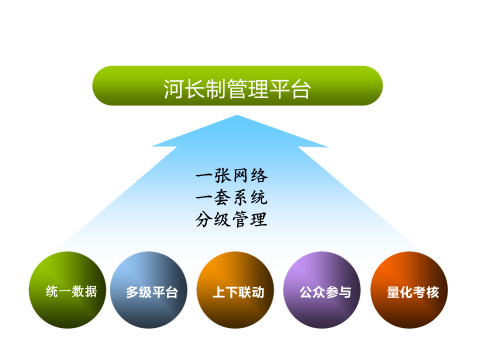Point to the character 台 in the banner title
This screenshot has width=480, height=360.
(x=301, y=89)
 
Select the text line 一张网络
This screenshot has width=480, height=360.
(x=231, y=176)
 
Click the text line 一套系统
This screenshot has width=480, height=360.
(x=231, y=198)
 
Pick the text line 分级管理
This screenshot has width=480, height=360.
(x=231, y=220)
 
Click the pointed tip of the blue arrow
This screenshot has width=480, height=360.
(x=237, y=116)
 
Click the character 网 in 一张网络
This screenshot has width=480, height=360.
(x=240, y=176)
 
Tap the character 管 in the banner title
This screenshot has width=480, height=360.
(x=237, y=89)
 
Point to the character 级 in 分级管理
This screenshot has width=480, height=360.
(x=222, y=220)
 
